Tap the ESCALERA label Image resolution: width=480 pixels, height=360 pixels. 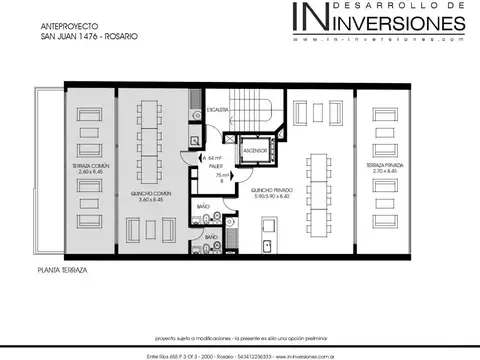click(x=217, y=109)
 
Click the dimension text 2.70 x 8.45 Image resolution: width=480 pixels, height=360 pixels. click(x=385, y=171)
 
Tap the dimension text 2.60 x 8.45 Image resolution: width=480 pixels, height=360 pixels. click(x=90, y=171)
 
